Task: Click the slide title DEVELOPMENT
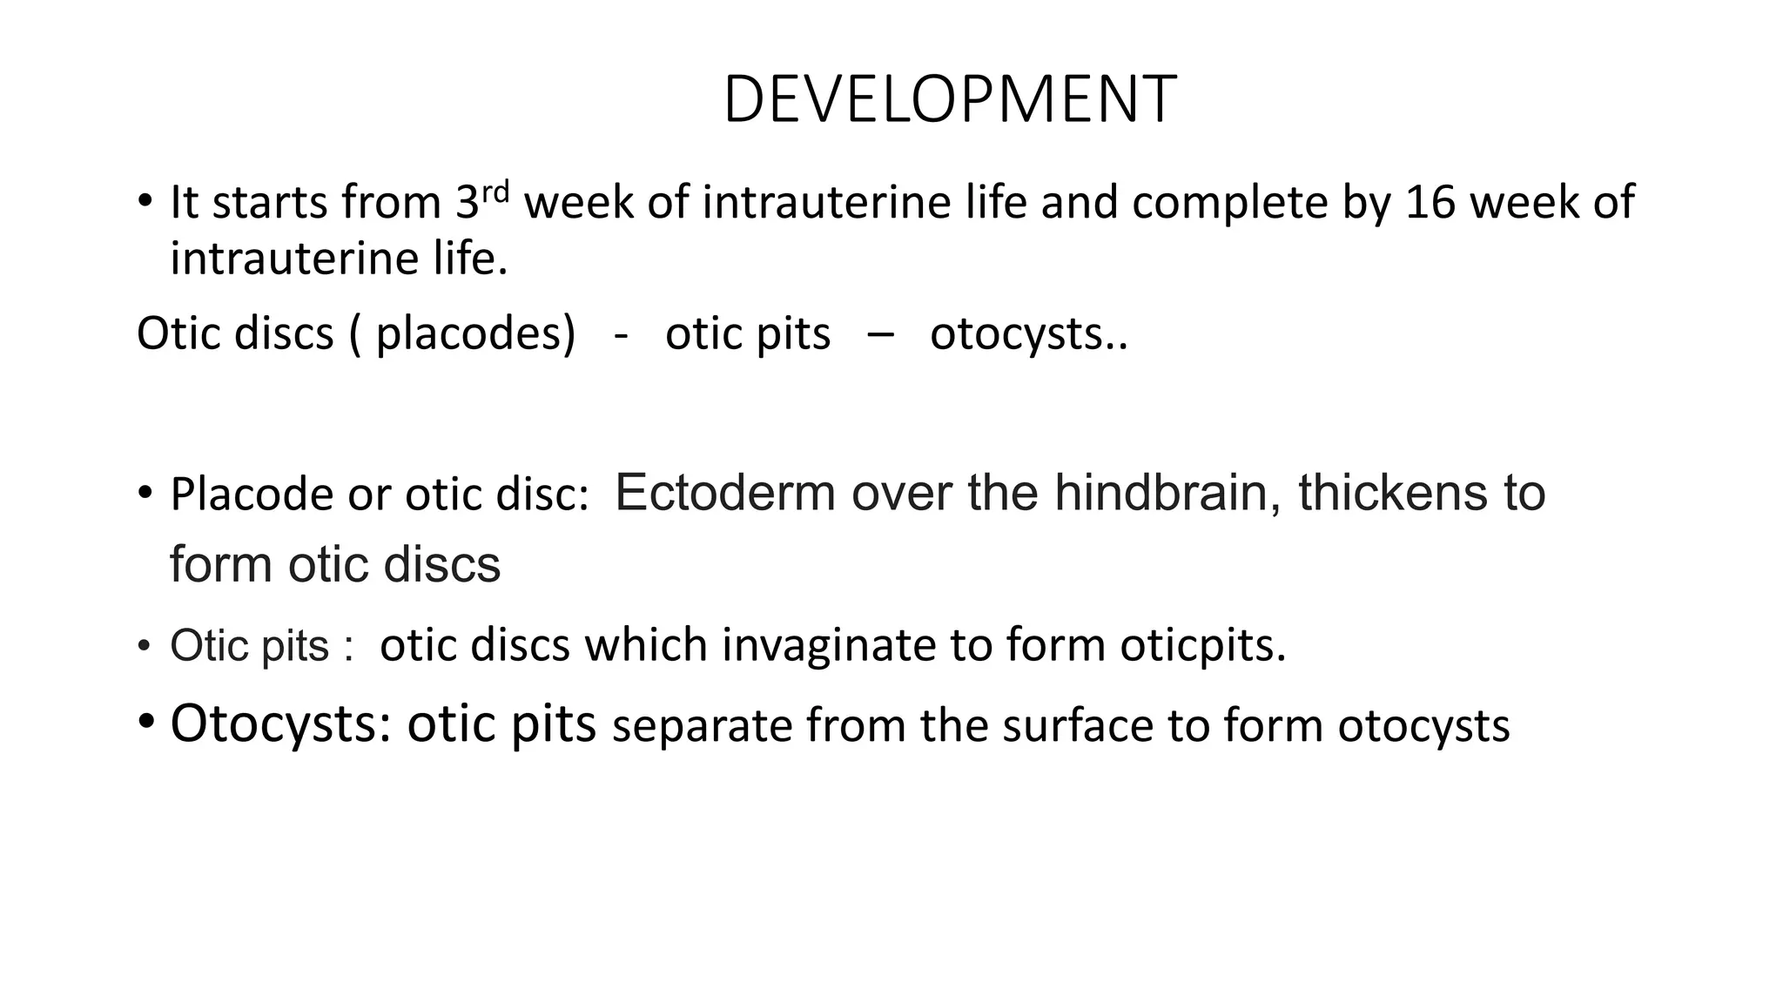tap(950, 100)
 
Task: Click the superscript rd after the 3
tap(495, 191)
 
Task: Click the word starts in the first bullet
tap(270, 203)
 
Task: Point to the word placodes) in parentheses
tap(475, 334)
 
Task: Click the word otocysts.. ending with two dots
tap(1028, 334)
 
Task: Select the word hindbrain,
tap(1167, 493)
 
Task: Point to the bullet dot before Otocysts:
tap(146, 722)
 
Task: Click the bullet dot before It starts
tap(145, 202)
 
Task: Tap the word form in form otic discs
tap(221, 564)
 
